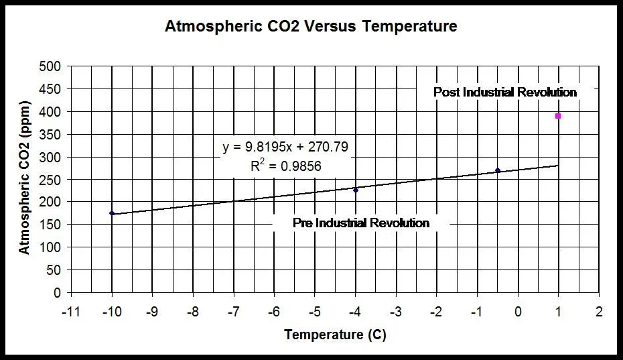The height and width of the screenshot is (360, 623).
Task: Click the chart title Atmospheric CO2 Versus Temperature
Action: point(311,27)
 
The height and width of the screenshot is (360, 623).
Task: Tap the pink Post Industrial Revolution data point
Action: point(558,116)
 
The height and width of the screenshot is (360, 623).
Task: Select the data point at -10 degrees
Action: point(112,213)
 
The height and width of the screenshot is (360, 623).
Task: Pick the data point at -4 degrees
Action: point(356,190)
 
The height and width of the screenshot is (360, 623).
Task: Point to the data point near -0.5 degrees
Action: point(498,170)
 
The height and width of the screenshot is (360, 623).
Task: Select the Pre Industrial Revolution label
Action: point(361,223)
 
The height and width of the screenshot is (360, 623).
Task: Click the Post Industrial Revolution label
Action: point(505,92)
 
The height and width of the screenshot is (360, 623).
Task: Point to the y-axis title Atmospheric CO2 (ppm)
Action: point(25,180)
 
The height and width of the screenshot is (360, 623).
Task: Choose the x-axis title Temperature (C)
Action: point(335,335)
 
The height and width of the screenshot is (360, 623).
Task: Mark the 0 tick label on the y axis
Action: point(58,293)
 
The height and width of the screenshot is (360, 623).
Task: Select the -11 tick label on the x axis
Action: point(71,312)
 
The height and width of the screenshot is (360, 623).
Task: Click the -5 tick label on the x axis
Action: point(315,312)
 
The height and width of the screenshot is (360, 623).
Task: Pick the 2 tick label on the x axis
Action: point(599,312)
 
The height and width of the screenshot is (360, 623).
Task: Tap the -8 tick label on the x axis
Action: point(193,312)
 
